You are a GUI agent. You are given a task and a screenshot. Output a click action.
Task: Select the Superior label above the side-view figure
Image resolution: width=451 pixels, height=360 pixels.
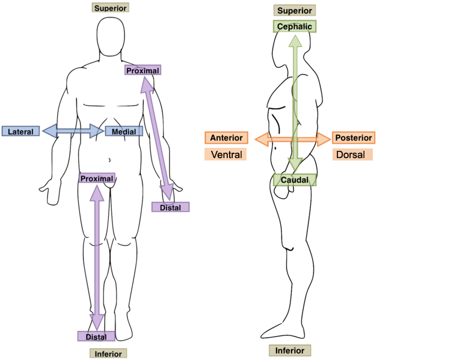[294, 11]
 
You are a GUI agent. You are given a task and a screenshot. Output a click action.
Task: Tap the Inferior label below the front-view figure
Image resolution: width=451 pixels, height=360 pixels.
[108, 353]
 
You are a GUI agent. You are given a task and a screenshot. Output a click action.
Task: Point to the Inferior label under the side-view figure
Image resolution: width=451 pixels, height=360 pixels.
[290, 351]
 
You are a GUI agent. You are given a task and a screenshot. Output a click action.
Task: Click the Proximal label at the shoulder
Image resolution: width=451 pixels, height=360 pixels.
[143, 70]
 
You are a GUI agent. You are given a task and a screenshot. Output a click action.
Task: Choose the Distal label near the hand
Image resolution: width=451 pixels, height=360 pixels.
[170, 207]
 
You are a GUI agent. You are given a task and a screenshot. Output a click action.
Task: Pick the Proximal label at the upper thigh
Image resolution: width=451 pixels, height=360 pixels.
[97, 178]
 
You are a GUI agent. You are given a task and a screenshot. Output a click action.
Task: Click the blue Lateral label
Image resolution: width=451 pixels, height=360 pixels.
[20, 131]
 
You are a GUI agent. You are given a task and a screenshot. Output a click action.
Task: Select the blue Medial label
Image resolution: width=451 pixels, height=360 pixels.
[124, 131]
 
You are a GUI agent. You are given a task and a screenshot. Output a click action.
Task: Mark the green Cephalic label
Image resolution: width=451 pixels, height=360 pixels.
[294, 26]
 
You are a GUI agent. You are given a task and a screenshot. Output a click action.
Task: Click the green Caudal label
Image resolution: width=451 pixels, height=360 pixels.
[294, 180]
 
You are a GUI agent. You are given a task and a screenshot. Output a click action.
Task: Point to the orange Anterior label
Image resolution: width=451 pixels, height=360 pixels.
[226, 138]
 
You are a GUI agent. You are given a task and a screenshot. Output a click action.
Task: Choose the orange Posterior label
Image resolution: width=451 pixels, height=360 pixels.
[354, 138]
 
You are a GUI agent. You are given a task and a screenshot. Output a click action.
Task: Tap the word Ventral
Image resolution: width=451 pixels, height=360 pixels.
[226, 155]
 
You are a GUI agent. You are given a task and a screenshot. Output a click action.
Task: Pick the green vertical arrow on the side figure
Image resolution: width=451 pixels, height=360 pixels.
[294, 102]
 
